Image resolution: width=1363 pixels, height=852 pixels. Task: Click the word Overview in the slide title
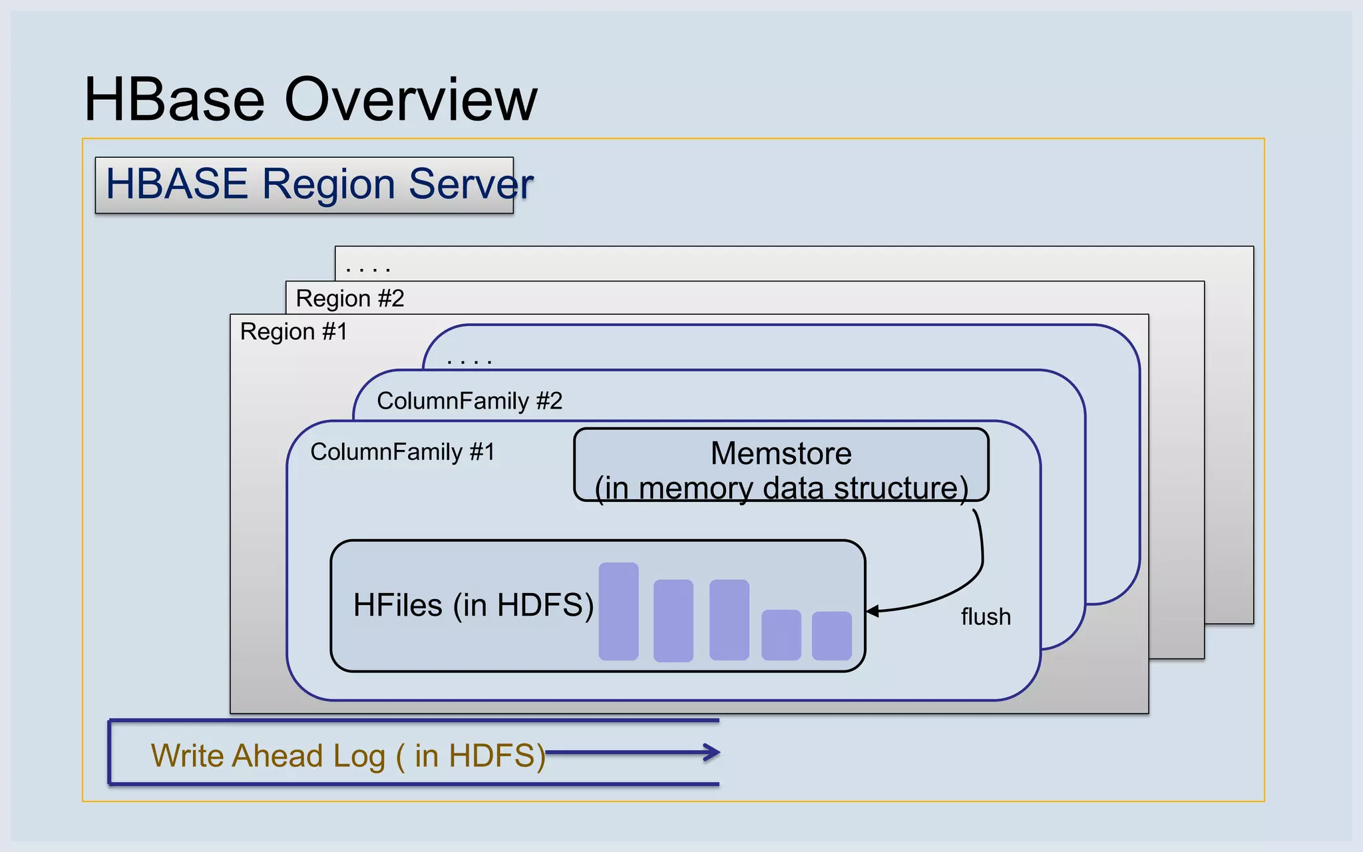[x=411, y=100]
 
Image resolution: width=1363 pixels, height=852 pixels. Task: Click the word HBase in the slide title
[x=174, y=100]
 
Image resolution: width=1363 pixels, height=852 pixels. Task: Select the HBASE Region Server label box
[x=304, y=185]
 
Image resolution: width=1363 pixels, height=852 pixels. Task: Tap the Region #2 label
[x=350, y=298]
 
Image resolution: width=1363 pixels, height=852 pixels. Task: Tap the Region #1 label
[x=293, y=331]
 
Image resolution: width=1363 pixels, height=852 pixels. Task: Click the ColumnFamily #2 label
[x=469, y=401]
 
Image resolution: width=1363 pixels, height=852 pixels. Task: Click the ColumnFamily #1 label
[x=403, y=452]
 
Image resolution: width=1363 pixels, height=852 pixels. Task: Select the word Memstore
[x=781, y=453]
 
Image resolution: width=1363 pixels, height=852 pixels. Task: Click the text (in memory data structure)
[x=781, y=488]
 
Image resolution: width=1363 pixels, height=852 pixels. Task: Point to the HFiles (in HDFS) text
[x=473, y=605]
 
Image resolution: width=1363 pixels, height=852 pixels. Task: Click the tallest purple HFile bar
[x=618, y=611]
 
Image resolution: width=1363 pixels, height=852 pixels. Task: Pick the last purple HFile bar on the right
[x=831, y=636]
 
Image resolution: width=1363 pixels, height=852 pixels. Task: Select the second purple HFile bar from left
[x=673, y=620]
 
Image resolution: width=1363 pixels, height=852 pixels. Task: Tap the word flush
[x=986, y=617]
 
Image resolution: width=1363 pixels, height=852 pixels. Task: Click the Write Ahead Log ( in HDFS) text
[x=347, y=755]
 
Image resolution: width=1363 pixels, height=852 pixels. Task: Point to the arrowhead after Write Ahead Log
[x=713, y=753]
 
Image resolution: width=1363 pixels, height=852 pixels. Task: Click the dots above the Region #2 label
[x=368, y=270]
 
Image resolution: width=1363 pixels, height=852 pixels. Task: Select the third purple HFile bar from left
[x=729, y=619]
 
